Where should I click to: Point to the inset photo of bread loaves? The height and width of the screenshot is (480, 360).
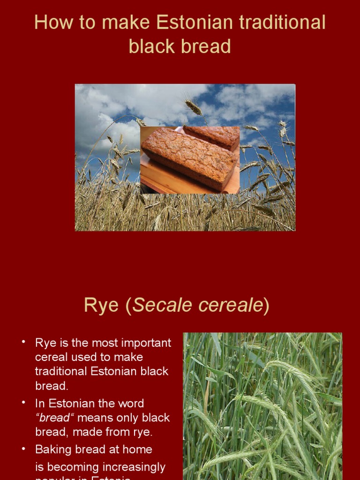(x=190, y=159)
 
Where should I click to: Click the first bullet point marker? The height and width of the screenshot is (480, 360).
(x=23, y=342)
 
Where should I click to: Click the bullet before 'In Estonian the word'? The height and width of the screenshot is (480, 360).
(x=23, y=403)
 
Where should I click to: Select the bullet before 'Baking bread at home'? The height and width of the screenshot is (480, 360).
(x=23, y=449)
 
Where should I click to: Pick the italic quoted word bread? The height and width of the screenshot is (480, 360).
(x=54, y=418)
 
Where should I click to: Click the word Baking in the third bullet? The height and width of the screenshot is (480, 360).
(x=52, y=450)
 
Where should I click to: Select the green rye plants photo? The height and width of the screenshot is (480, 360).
(x=262, y=406)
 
